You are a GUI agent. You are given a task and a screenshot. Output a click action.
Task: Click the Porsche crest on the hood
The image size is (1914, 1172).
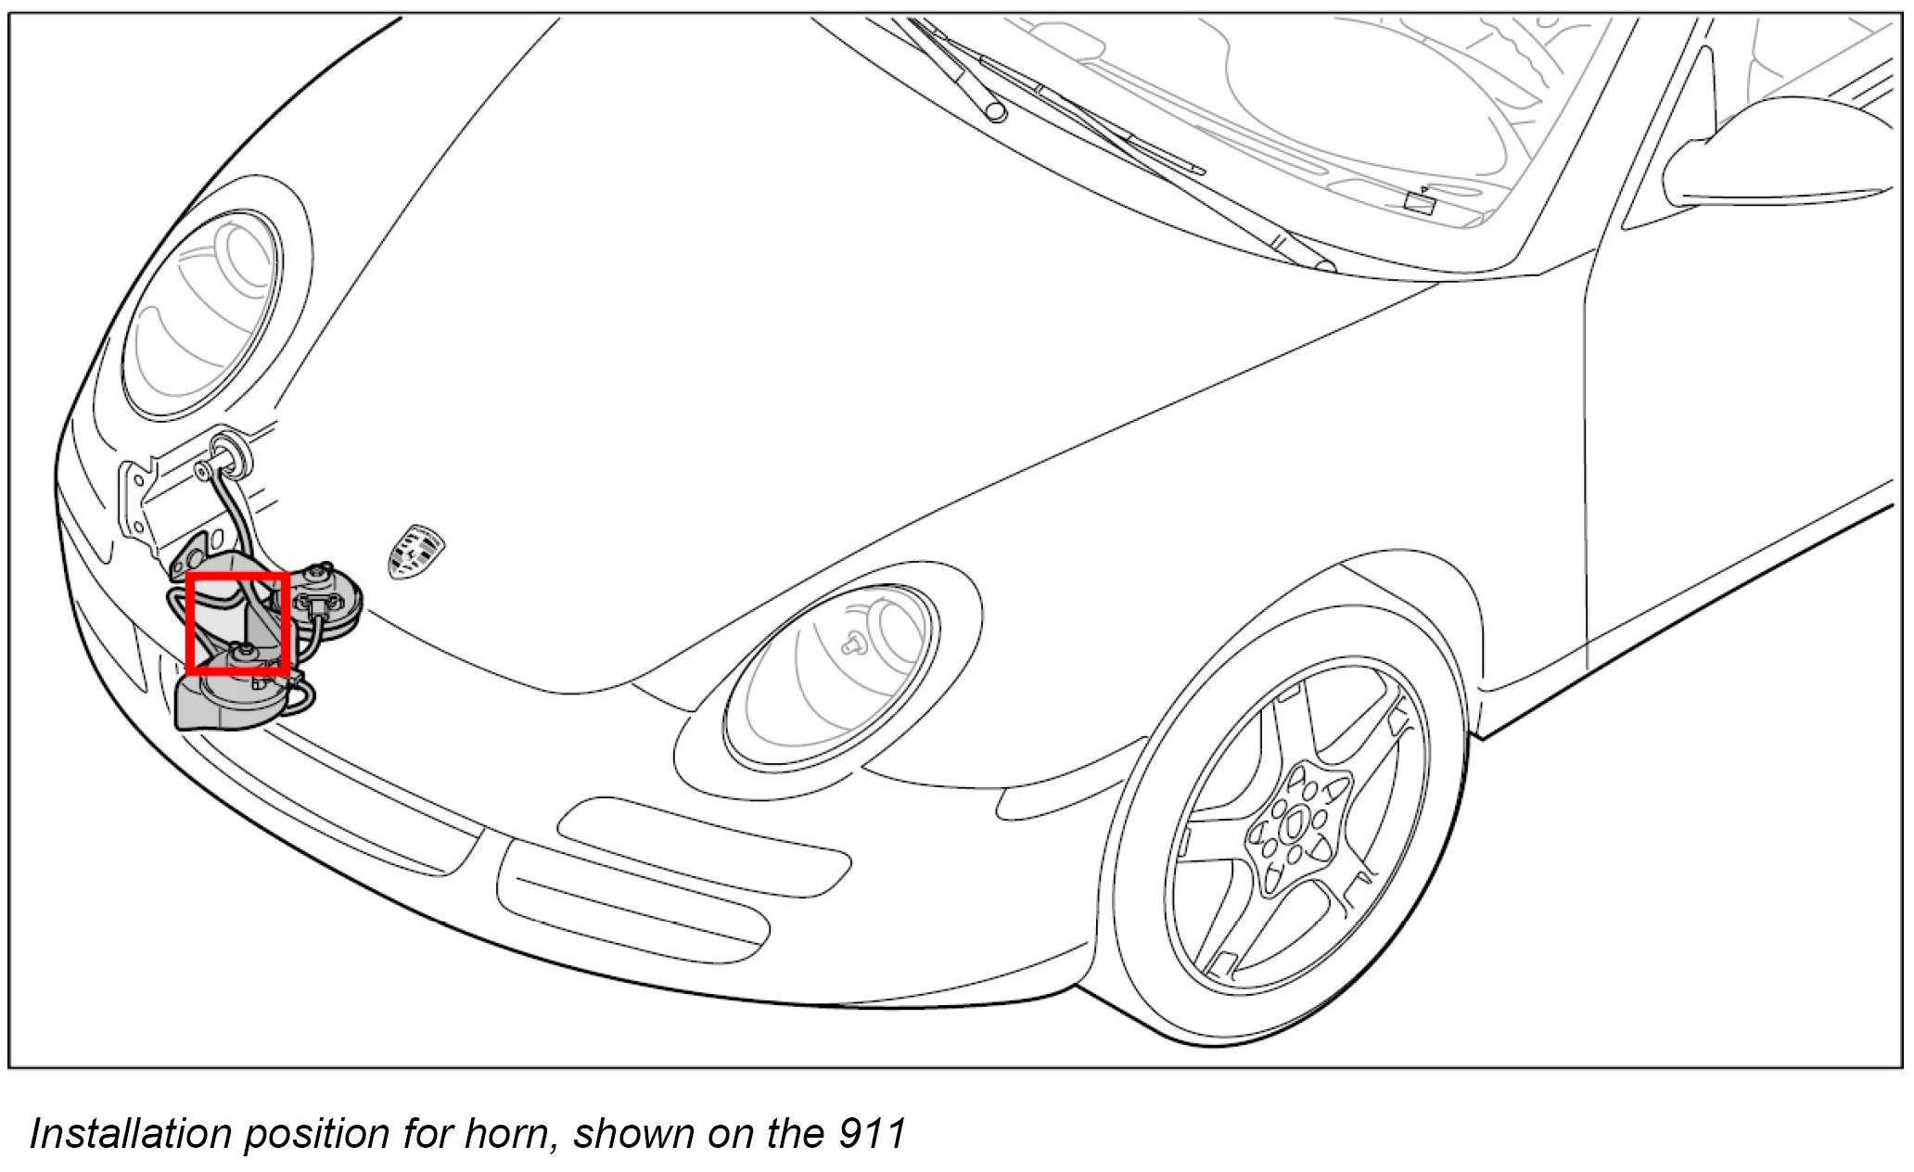pos(415,551)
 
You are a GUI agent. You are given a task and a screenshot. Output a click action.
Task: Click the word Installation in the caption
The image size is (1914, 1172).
pos(131,1133)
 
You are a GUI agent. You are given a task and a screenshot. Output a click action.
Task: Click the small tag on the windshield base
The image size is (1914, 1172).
pos(1419,201)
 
